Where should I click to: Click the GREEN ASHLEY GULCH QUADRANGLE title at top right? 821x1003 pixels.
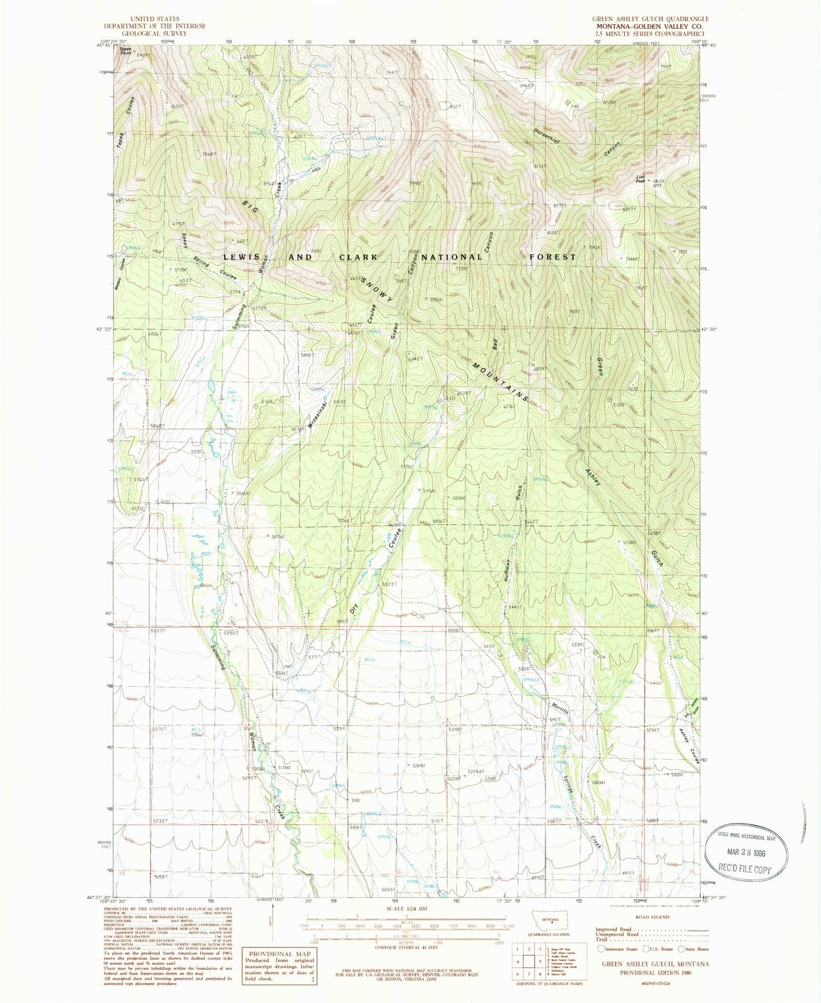pyautogui.click(x=650, y=19)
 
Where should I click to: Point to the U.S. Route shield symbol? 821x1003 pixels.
pyautogui.click(x=646, y=948)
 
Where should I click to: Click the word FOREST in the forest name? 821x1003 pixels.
pyautogui.click(x=552, y=257)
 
